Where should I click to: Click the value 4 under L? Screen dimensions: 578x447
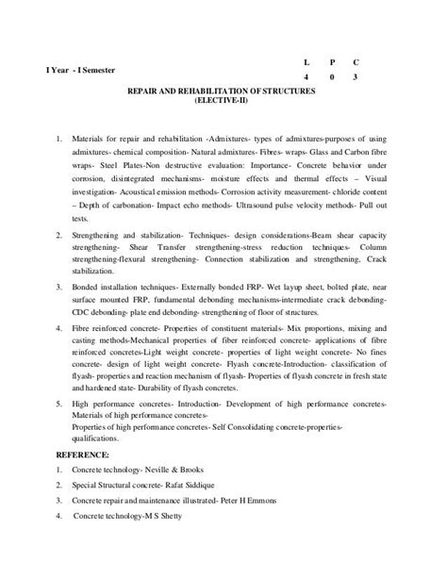[306, 77]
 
